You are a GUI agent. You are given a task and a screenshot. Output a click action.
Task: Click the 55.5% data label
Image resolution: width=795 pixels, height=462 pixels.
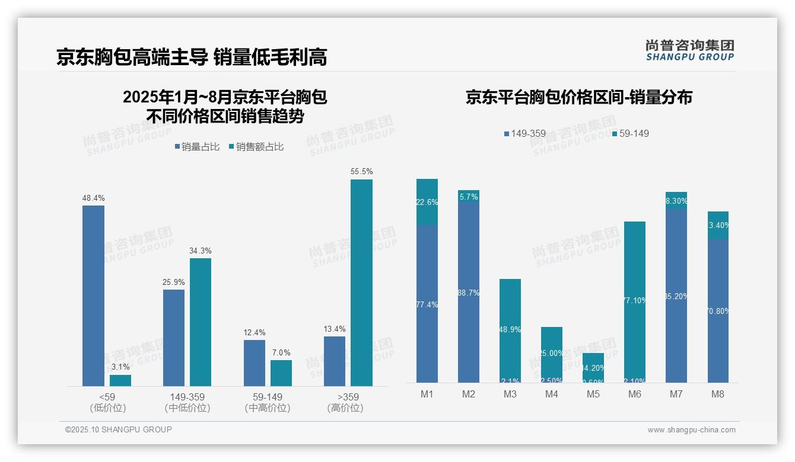coord(361,172)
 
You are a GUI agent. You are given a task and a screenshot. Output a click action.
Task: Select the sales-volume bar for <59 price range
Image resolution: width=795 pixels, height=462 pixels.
coord(93,296)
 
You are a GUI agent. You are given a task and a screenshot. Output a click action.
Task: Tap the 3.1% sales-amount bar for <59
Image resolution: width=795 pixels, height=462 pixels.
coord(120,380)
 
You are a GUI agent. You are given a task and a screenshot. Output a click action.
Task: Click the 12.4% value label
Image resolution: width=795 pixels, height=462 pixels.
coord(255,333)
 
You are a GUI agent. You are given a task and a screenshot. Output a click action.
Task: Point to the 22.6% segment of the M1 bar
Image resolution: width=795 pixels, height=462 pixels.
coord(427,202)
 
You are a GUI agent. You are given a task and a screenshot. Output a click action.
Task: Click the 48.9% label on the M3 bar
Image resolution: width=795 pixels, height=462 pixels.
coord(510,329)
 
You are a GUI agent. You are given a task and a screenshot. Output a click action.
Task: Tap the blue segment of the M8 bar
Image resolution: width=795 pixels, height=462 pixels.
coord(718,311)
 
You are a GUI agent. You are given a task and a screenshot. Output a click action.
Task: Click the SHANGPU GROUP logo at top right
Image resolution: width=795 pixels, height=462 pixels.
coord(689,50)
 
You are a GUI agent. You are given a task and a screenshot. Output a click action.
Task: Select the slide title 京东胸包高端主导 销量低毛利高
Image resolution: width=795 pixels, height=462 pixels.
coord(192,57)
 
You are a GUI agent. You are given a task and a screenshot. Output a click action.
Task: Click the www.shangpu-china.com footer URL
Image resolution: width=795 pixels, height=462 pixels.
coord(691,430)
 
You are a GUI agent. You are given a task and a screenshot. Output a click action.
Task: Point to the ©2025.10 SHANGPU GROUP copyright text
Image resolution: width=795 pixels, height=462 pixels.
coord(119,429)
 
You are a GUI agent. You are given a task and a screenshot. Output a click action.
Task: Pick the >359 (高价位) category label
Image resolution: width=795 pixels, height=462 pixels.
coord(345,402)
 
